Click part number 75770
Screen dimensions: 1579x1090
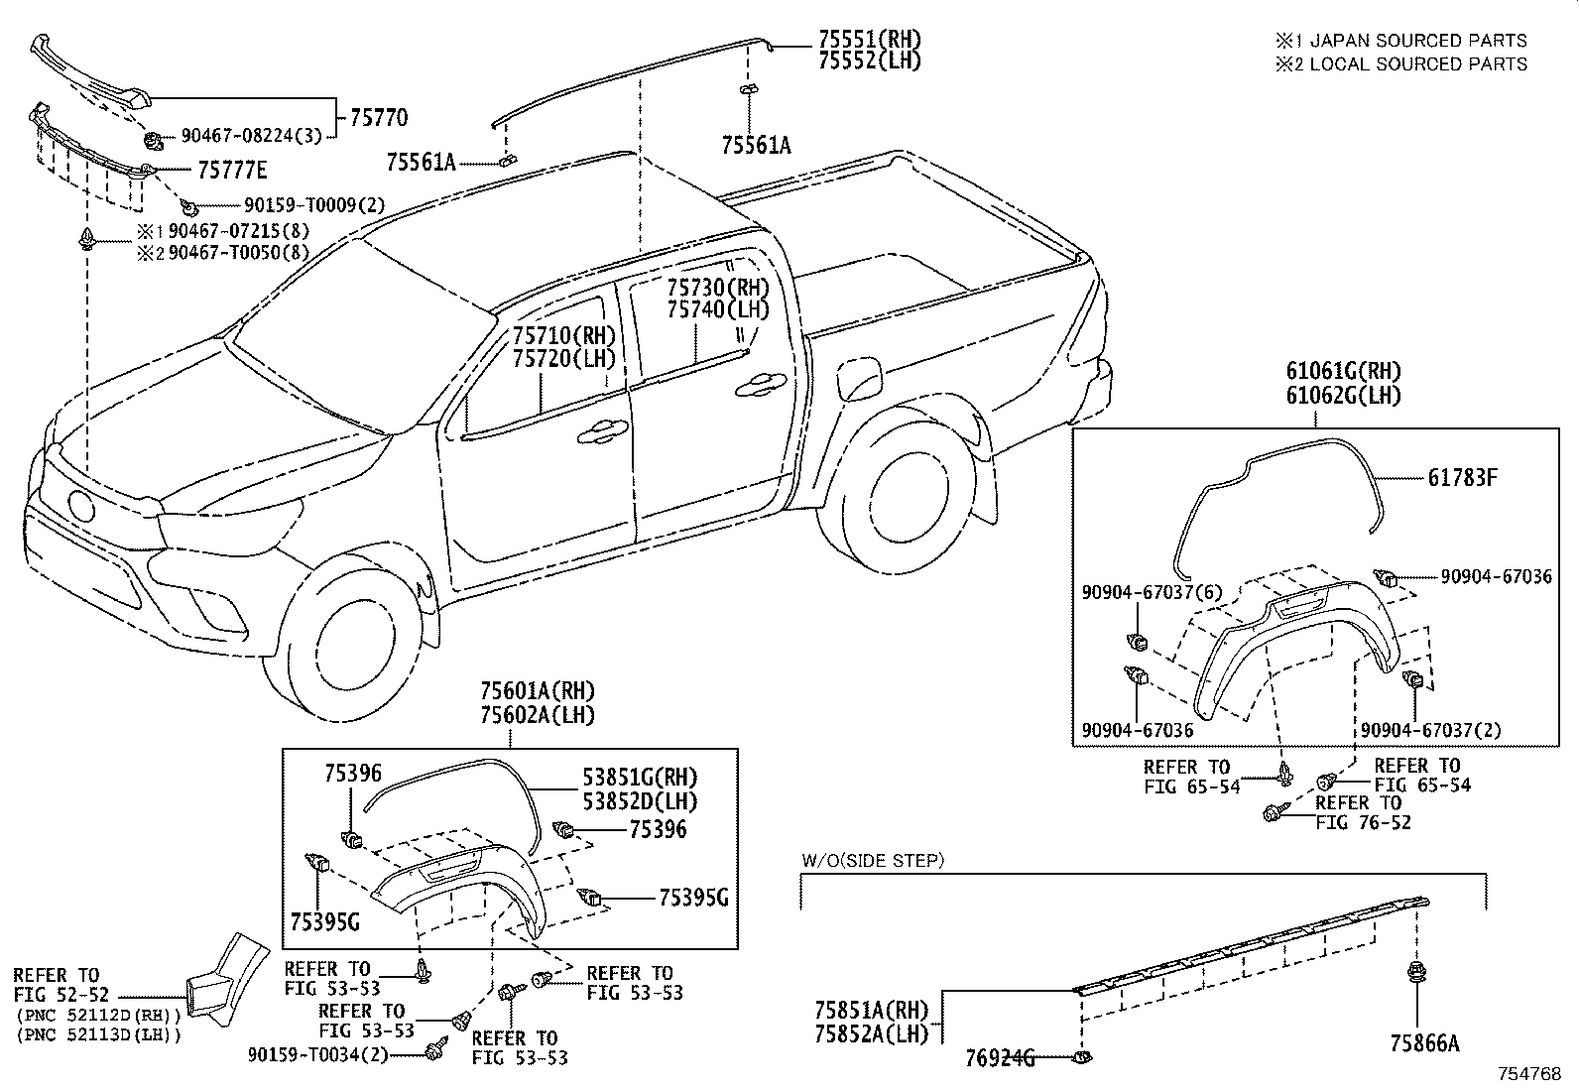point(379,117)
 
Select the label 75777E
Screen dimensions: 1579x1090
point(232,170)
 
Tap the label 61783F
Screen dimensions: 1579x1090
point(1463,478)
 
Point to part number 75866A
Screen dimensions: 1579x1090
point(1424,1042)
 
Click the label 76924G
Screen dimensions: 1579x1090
point(1000,1058)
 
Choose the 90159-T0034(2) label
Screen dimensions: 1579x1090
point(318,1054)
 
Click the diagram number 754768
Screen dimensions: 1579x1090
point(1529,1074)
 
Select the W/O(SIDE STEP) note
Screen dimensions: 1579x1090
point(873,860)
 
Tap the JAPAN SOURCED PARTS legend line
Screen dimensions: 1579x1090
point(1401,41)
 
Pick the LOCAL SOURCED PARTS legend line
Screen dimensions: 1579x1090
point(1401,64)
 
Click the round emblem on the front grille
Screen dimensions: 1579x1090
point(81,506)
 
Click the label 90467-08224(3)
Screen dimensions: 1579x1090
point(251,135)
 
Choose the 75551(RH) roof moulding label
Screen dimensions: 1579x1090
point(870,39)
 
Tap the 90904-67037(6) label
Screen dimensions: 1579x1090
point(1152,592)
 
